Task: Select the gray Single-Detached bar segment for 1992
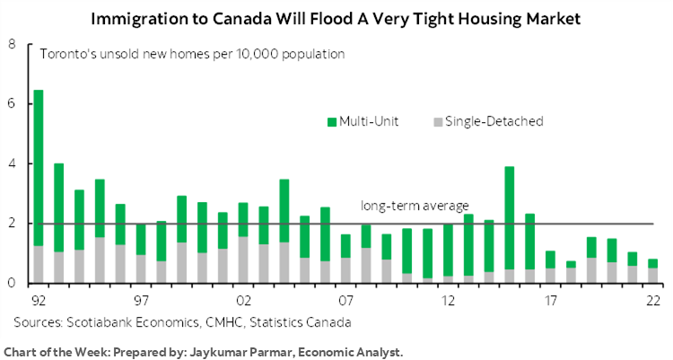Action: [39, 265]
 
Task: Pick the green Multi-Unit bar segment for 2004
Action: [284, 211]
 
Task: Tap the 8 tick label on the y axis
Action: [11, 44]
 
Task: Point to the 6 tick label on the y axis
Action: [11, 104]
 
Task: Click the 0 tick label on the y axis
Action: [11, 284]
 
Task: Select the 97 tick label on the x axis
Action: [141, 298]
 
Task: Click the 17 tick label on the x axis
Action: [550, 298]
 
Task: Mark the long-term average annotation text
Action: [415, 205]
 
